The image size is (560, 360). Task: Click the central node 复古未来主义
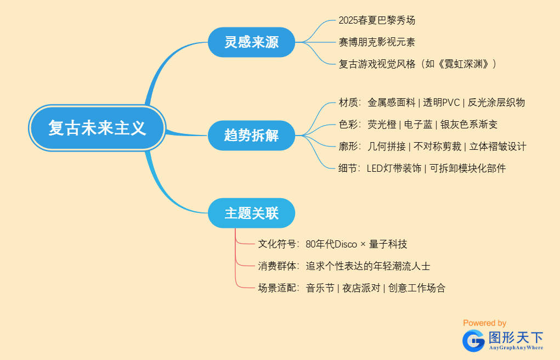click(97, 128)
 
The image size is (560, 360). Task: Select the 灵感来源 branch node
click(251, 42)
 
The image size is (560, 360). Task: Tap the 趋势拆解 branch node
click(251, 135)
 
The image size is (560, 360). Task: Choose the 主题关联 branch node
click(251, 213)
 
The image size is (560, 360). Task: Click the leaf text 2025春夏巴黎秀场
click(377, 20)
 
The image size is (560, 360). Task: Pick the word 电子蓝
click(418, 125)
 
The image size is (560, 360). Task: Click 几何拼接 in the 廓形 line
click(387, 147)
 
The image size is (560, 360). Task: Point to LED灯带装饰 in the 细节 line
click(393, 168)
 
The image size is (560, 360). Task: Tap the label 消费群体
click(278, 266)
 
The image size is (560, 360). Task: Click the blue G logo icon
click(473, 341)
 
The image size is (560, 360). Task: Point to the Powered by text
click(484, 323)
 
